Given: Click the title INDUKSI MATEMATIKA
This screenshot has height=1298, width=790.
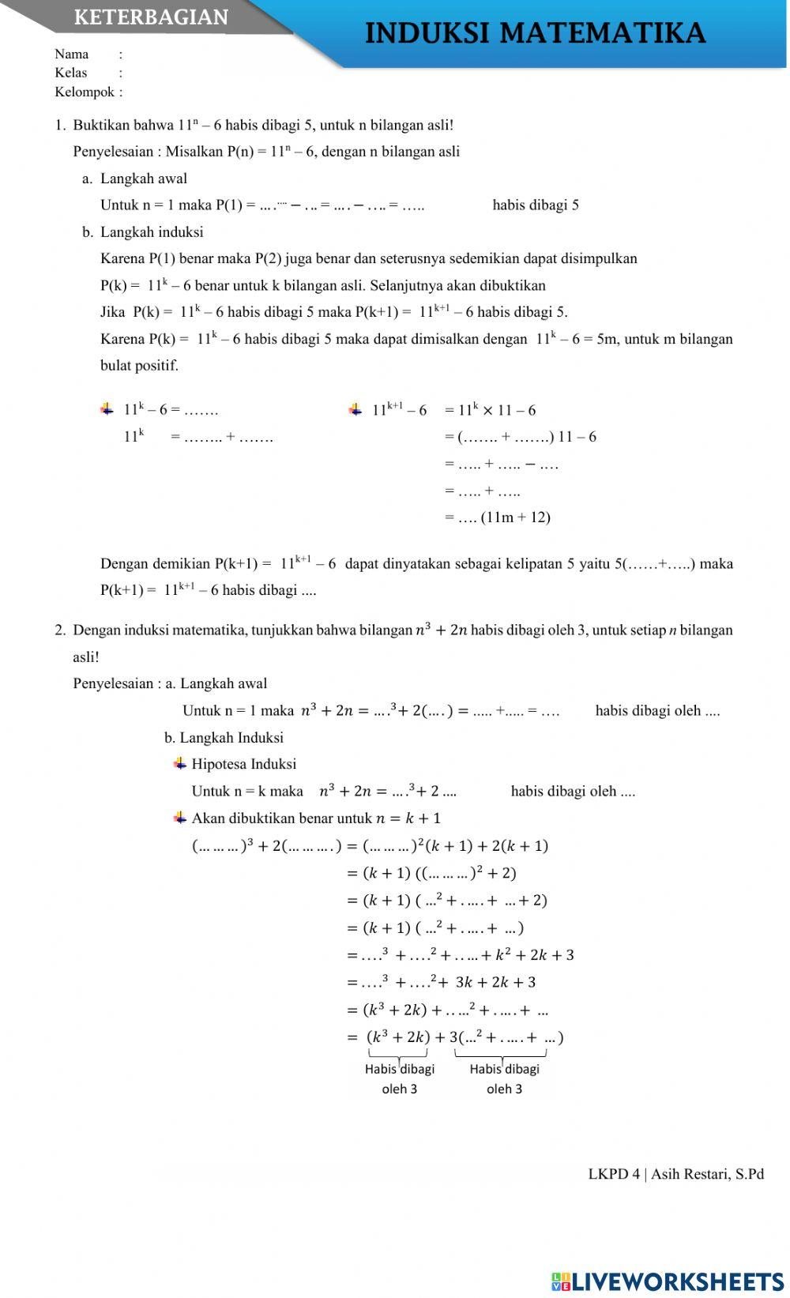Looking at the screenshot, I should tap(535, 33).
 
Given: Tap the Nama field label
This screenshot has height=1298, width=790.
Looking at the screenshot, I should tap(71, 54).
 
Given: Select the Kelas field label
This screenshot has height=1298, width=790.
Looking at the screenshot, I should tap(70, 73).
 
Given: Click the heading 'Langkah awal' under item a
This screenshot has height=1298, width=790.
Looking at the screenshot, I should tap(143, 179).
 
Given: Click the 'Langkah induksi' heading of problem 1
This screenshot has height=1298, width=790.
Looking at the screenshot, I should tap(151, 232).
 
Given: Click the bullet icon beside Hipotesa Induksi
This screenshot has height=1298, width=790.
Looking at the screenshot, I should tap(180, 763).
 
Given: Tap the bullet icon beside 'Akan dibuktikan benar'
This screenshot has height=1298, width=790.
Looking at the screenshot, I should tap(180, 817).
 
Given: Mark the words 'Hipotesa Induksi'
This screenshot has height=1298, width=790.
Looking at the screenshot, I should tap(243, 764).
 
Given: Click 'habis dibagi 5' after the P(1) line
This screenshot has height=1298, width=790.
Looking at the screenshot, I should tap(536, 205).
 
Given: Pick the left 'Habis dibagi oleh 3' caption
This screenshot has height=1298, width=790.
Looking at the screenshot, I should tap(399, 1078).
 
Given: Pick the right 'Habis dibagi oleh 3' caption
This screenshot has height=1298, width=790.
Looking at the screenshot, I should tap(504, 1078).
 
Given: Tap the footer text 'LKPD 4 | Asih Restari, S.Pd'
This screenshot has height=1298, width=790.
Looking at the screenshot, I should tap(675, 1174).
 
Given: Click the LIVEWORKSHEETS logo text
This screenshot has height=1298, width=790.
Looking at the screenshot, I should tap(676, 1281).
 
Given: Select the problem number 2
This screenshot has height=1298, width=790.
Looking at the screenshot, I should tap(59, 630).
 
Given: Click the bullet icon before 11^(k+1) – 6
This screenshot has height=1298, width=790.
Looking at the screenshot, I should tap(355, 409).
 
